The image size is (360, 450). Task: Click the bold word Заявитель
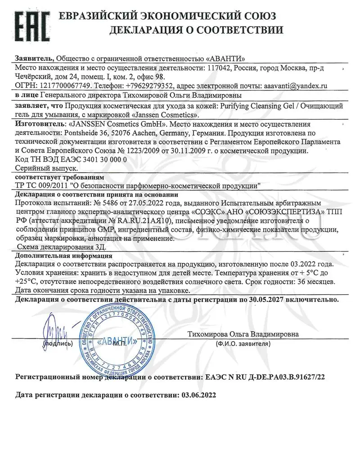coord(35,58)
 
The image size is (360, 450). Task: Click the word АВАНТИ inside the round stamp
coord(113,339)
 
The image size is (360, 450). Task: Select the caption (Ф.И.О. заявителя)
coord(243,343)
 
